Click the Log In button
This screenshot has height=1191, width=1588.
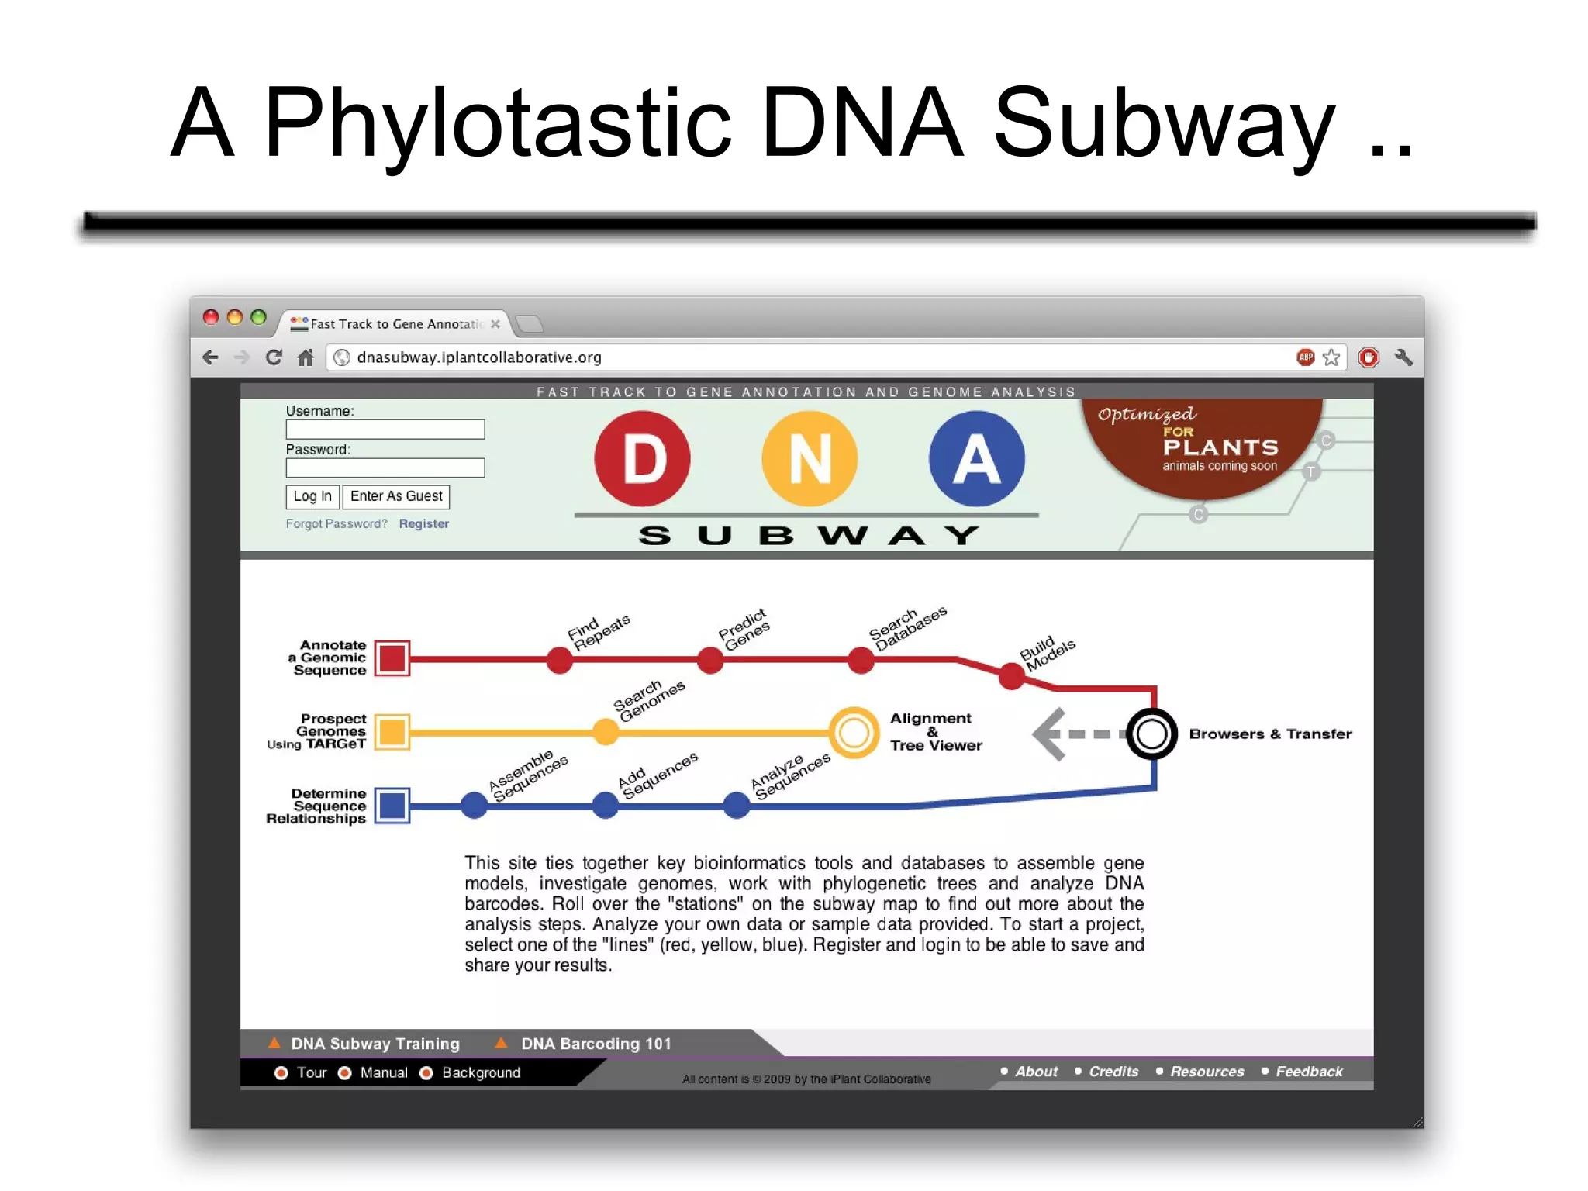[x=312, y=496]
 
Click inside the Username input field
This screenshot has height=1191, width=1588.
[x=385, y=430]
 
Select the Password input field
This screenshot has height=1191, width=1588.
[x=385, y=468]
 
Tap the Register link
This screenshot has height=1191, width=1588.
[x=423, y=523]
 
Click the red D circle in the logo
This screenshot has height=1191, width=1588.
[x=642, y=459]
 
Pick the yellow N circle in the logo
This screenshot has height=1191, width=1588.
[x=810, y=459]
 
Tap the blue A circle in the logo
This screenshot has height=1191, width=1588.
[x=976, y=459]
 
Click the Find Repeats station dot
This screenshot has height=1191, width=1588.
[x=559, y=661]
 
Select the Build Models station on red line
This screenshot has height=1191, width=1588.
[x=1011, y=676]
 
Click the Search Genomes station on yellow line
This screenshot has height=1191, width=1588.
[x=606, y=732]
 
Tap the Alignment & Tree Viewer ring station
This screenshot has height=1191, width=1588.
[x=854, y=733]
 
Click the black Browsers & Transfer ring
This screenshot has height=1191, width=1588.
[x=1151, y=734]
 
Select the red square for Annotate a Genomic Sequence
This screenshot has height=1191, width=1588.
[x=392, y=658]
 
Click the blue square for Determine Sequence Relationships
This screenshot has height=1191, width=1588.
[x=392, y=806]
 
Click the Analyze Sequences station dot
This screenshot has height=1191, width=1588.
[x=736, y=805]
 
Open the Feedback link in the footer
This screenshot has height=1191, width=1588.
[x=1308, y=1072]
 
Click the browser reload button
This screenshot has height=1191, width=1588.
[x=273, y=357]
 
